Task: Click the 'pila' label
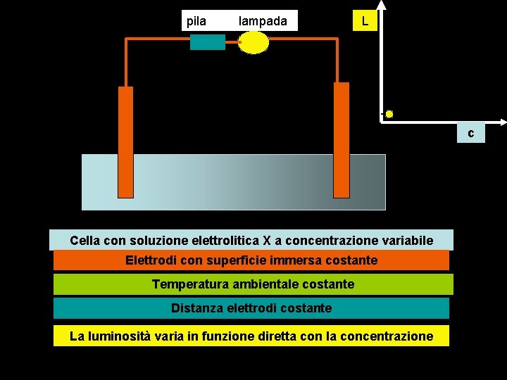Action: click(x=196, y=21)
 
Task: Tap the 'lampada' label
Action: click(x=263, y=21)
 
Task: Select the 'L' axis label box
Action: click(x=365, y=21)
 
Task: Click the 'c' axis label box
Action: click(x=470, y=133)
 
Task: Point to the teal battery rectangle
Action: click(x=208, y=42)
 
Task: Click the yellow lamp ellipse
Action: click(x=254, y=42)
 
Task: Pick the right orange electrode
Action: click(x=341, y=141)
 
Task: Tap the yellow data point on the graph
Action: click(x=389, y=113)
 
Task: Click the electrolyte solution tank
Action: click(x=232, y=182)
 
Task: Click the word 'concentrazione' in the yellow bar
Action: click(x=387, y=336)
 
